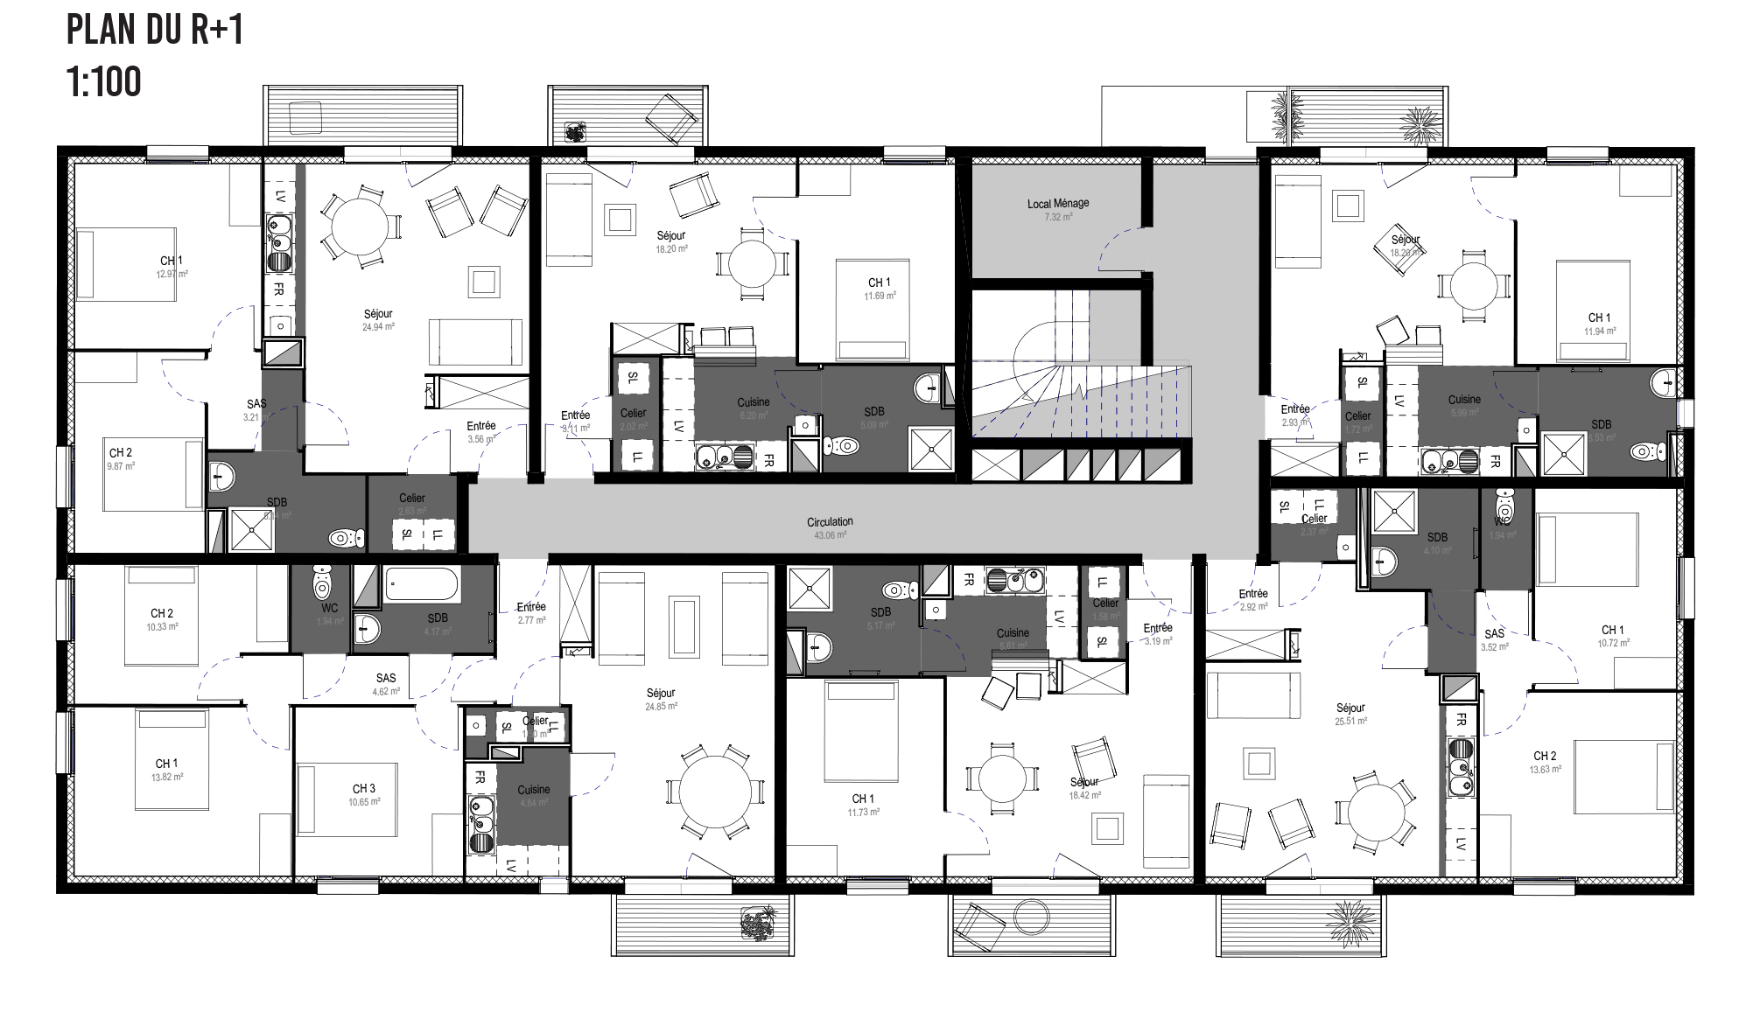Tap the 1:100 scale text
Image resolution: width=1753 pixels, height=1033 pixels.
click(103, 82)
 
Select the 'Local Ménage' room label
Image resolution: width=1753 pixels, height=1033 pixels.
click(1058, 203)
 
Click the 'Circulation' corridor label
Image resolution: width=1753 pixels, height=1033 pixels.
click(830, 521)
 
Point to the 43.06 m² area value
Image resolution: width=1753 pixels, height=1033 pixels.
click(830, 534)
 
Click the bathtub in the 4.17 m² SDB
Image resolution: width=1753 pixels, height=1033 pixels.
click(422, 582)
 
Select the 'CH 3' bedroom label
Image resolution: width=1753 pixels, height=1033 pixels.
click(364, 788)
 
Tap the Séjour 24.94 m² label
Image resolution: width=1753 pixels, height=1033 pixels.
click(378, 313)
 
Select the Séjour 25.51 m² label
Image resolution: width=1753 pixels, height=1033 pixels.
click(1350, 708)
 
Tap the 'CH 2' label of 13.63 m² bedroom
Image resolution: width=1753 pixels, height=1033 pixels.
click(1545, 756)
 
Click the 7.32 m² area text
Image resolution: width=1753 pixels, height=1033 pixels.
click(1058, 216)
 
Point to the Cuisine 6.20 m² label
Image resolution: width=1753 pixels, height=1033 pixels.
click(753, 402)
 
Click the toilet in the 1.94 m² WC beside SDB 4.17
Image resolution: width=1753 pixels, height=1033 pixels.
click(323, 580)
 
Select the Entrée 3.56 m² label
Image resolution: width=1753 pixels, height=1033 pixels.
click(481, 426)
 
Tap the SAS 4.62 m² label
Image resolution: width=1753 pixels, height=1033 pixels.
click(386, 678)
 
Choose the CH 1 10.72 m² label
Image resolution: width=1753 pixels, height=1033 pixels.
click(1612, 630)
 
